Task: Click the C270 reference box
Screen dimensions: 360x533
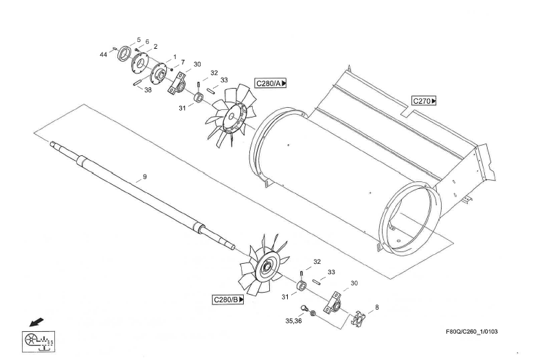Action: tap(424, 101)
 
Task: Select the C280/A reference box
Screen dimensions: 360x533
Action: tap(271, 83)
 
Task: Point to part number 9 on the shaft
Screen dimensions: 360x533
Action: tap(145, 177)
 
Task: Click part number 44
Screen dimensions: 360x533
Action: tap(103, 54)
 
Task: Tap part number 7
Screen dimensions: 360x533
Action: tap(183, 62)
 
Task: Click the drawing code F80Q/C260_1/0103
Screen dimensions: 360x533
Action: tap(472, 332)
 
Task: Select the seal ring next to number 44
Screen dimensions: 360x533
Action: tap(125, 52)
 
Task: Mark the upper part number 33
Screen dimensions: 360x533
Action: tap(224, 80)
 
